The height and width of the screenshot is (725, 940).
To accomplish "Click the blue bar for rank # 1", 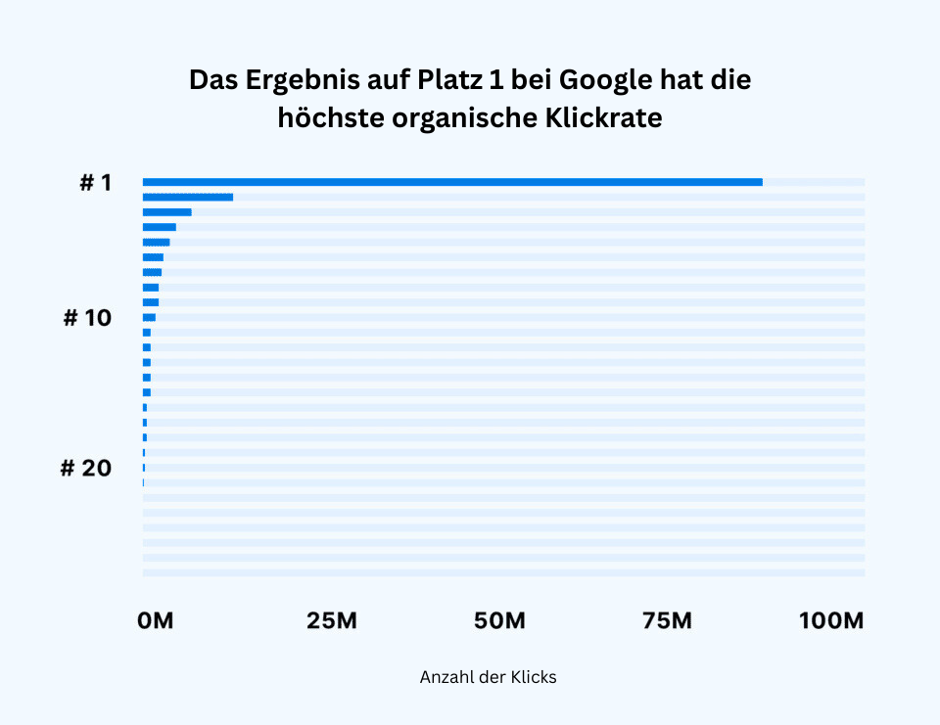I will [452, 182].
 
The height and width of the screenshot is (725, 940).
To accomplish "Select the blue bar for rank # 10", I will [149, 317].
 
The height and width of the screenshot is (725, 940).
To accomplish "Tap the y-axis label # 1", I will [96, 183].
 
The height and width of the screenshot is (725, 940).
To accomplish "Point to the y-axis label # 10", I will [87, 319].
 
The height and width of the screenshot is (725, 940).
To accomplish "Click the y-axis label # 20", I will [86, 469].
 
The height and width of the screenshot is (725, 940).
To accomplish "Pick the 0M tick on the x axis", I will [156, 620].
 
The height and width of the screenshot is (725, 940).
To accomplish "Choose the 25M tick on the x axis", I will [330, 620].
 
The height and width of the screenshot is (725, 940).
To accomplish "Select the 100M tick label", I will [831, 620].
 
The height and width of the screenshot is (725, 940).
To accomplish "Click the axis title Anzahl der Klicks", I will [488, 677].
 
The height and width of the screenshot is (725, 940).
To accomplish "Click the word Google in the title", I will [606, 80].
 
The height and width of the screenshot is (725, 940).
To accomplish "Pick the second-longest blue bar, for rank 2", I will [188, 197].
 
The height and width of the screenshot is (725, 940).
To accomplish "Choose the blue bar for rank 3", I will [167, 212].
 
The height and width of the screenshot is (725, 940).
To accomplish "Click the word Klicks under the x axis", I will [534, 677].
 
